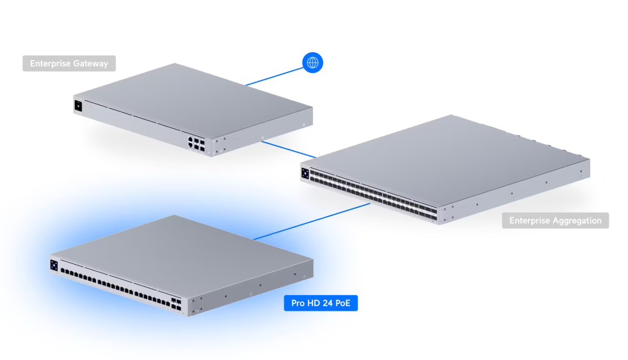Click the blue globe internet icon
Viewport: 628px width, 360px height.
pyautogui.click(x=313, y=62)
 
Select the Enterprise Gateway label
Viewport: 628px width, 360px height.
pyautogui.click(x=69, y=64)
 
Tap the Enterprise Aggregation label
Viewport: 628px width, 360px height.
pyautogui.click(x=555, y=220)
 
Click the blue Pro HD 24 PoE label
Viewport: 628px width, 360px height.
pyautogui.click(x=320, y=303)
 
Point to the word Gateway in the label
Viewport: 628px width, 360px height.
pyautogui.click(x=90, y=64)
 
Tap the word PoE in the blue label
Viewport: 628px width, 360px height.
pyautogui.click(x=344, y=303)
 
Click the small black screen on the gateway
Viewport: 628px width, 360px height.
pyautogui.click(x=78, y=106)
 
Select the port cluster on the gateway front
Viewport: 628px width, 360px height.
pyautogui.click(x=196, y=143)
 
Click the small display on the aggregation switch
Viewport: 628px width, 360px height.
pyautogui.click(x=305, y=173)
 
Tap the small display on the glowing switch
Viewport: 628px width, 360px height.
pyautogui.click(x=54, y=265)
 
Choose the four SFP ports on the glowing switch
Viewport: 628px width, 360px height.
pyautogui.click(x=176, y=302)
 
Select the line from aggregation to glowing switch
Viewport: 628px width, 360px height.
pyautogui.click(x=312, y=222)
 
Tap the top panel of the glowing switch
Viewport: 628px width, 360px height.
pyautogui.click(x=180, y=246)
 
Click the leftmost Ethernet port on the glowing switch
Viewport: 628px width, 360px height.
pyautogui.click(x=63, y=271)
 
